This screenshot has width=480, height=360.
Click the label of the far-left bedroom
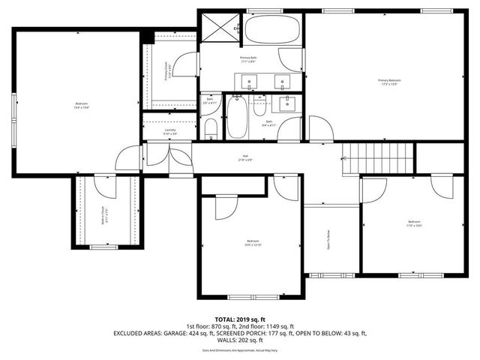coord(81,106)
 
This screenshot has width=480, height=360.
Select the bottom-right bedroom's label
coord(414,223)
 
